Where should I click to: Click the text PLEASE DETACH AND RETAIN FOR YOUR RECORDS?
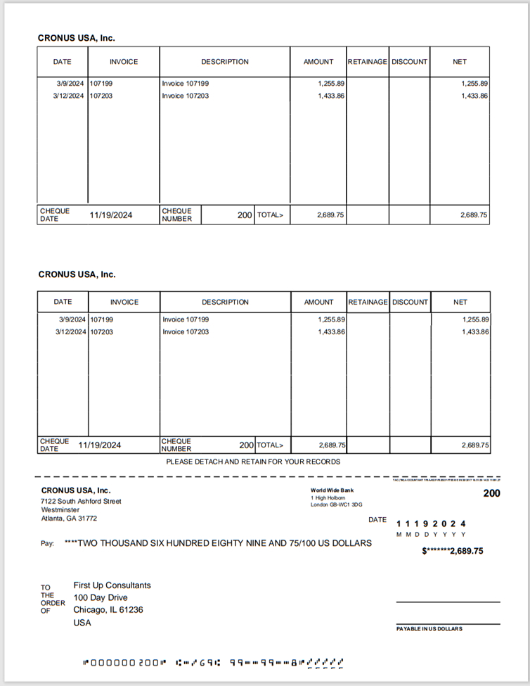click(253, 462)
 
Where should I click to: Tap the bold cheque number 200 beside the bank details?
click(491, 493)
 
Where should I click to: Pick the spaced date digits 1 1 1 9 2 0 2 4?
click(431, 523)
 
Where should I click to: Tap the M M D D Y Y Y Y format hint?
click(431, 535)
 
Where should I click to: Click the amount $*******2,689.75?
click(452, 551)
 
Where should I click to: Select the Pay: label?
click(48, 544)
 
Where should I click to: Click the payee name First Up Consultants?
click(112, 585)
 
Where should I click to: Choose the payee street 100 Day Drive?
click(101, 598)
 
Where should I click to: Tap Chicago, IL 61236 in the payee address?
click(108, 610)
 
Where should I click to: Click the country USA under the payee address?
click(82, 623)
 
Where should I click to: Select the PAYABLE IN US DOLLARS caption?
click(429, 628)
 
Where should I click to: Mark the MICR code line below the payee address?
click(213, 662)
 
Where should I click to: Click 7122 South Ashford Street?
click(81, 501)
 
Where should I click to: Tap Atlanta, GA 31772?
click(69, 519)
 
